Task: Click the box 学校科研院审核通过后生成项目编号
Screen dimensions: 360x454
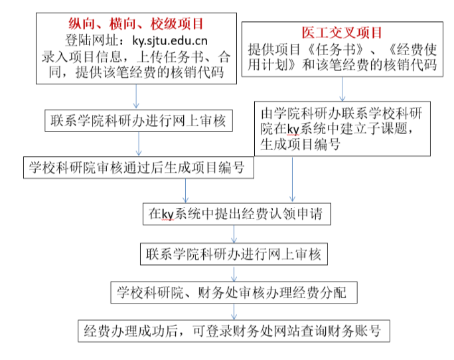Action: [x=137, y=168]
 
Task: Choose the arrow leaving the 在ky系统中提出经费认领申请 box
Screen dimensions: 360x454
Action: [x=234, y=234]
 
